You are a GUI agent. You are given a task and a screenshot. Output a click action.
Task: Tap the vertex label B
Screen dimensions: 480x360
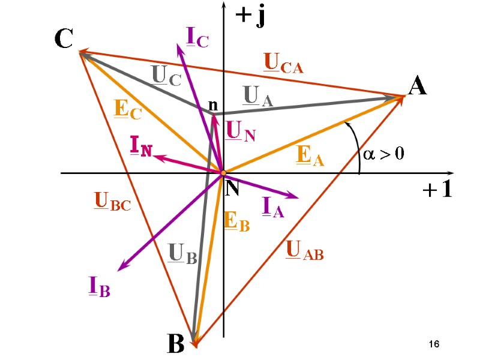click(175, 344)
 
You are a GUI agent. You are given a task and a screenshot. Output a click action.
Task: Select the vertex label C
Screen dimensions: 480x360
click(64, 40)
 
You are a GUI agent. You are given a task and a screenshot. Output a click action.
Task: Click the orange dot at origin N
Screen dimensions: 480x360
click(223, 173)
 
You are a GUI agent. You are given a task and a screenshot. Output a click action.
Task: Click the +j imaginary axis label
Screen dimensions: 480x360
click(250, 17)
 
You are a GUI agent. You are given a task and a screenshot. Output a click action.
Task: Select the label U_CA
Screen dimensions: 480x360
click(283, 64)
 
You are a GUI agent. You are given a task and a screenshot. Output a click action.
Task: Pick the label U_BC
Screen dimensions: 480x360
click(112, 201)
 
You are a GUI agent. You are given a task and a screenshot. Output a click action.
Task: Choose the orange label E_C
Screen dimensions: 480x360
click(127, 109)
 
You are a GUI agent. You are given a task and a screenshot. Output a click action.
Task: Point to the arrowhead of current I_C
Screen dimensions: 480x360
click(181, 47)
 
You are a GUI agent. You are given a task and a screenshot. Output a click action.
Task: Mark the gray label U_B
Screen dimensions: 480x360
click(182, 254)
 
